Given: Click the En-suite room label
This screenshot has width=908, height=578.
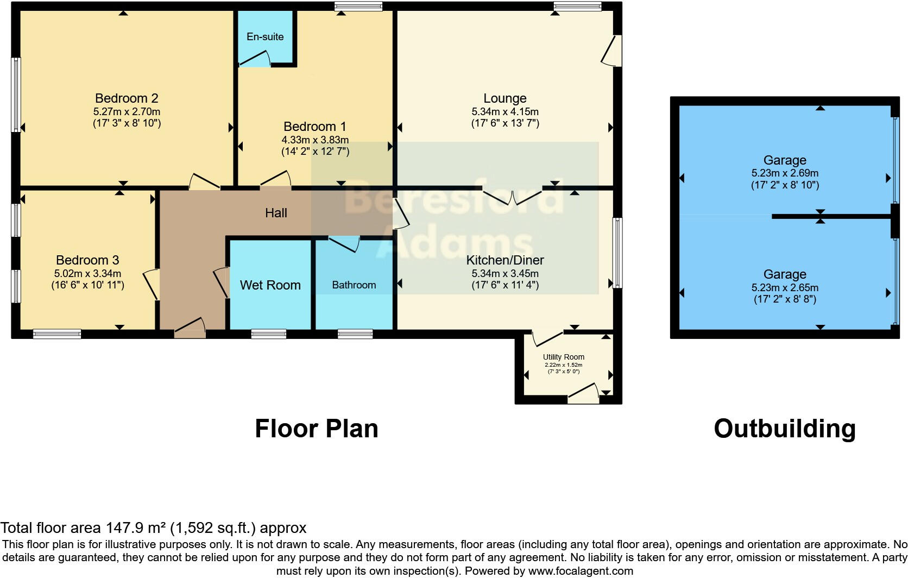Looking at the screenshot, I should click(x=265, y=36).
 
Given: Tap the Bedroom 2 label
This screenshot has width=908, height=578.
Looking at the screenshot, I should click(x=127, y=98).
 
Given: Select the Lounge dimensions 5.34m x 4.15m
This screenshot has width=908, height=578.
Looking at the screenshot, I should click(x=505, y=111).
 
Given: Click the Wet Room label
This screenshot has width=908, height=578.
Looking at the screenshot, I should click(x=270, y=285).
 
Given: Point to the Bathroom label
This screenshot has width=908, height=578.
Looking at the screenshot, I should click(x=354, y=285).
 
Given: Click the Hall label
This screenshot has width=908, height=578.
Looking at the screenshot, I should click(x=276, y=213).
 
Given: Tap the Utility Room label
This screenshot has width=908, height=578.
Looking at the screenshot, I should click(x=564, y=357).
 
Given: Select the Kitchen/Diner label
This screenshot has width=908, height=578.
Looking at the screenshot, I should click(x=505, y=260).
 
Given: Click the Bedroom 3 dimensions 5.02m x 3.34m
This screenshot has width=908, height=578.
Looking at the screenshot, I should click(x=87, y=273).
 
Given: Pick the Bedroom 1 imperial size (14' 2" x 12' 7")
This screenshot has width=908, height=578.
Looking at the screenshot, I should click(x=315, y=152).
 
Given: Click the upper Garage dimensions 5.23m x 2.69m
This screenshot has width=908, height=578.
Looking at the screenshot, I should click(x=785, y=173).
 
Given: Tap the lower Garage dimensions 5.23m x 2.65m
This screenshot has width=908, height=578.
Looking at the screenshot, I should click(x=785, y=287).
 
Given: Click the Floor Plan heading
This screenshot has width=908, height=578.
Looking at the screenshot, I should click(x=317, y=429).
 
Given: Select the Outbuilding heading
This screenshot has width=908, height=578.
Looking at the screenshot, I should click(x=785, y=429).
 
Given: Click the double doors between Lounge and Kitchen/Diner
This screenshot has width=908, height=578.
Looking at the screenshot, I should click(x=512, y=197).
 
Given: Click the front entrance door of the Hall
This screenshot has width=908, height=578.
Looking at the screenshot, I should click(x=190, y=328).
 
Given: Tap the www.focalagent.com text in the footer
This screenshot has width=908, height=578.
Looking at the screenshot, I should click(x=581, y=571).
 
